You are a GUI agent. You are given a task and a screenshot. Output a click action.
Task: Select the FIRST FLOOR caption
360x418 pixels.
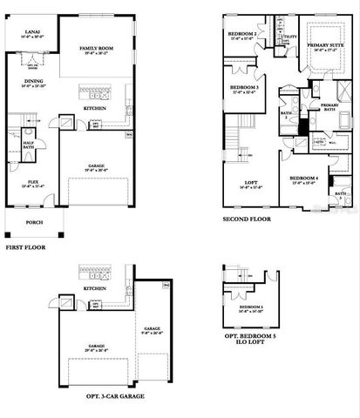pyautogui.click(x=25, y=248)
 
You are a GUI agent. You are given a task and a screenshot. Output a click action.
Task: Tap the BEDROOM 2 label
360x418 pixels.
pyautogui.click(x=241, y=33)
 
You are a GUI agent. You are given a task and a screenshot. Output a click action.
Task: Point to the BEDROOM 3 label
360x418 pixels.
pyautogui.click(x=243, y=88)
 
